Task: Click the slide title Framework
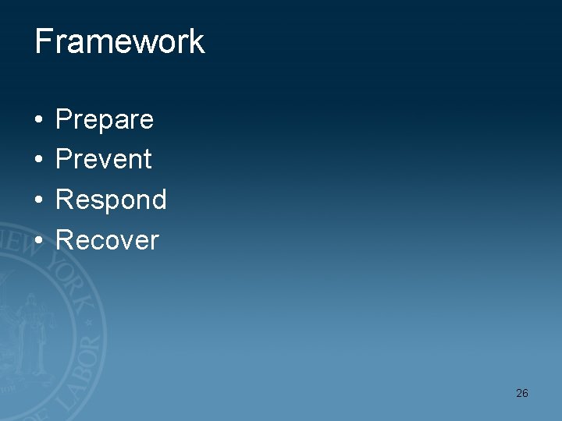click(119, 41)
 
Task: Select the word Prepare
click(105, 120)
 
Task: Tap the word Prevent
click(104, 160)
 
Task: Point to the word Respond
click(111, 200)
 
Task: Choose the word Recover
click(107, 240)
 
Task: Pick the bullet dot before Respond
click(38, 201)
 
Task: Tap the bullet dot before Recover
click(38, 241)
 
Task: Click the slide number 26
click(521, 393)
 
